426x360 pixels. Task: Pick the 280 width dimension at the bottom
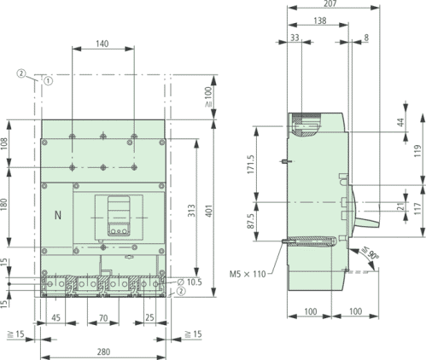(x=103, y=351)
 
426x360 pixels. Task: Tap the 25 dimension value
(x=149, y=318)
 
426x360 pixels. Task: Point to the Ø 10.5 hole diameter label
(x=190, y=281)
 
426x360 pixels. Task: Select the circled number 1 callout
(x=48, y=82)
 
